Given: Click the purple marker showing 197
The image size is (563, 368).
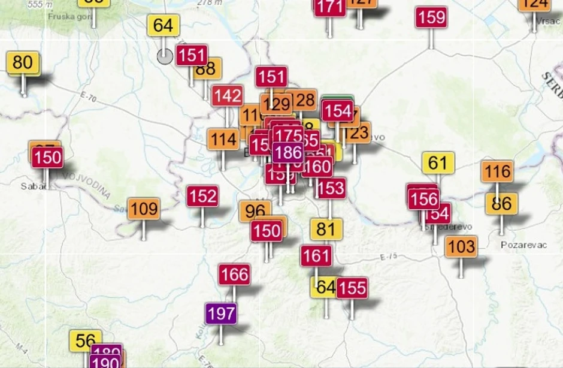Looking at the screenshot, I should click(221, 313).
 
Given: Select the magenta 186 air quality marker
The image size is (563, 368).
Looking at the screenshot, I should click(287, 153).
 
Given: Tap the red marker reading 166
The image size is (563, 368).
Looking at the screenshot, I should click(234, 275).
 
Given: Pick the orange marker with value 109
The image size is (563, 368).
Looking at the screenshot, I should click(144, 209).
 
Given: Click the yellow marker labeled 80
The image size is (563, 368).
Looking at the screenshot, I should click(23, 63).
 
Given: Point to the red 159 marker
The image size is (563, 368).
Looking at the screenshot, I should click(431, 17).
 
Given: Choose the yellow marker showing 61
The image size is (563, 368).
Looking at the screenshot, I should click(438, 163).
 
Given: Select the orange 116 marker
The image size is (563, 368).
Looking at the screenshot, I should click(497, 173).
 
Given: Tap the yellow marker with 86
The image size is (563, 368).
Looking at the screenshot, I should click(501, 204).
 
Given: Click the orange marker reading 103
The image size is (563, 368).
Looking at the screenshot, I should click(461, 246).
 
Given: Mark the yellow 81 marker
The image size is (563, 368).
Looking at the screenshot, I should click(326, 230).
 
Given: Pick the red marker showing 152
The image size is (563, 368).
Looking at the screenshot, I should click(202, 197).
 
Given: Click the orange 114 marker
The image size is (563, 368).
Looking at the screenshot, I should click(223, 140).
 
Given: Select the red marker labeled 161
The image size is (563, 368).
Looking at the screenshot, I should click(316, 257).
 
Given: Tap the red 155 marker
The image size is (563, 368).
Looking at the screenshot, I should click(352, 288).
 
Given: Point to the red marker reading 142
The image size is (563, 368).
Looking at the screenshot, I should click(227, 96).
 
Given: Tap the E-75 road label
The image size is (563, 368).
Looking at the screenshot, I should click(388, 257).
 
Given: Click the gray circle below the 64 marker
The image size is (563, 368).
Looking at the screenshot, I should click(165, 56).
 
